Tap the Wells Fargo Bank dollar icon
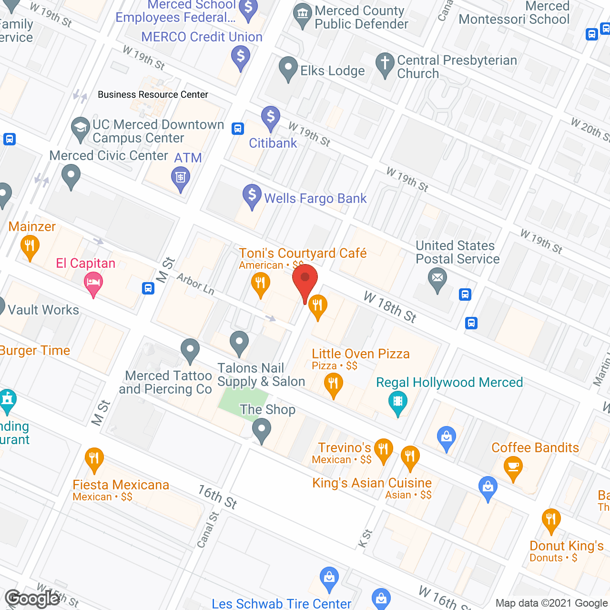(x=252, y=196)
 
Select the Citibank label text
(x=273, y=143)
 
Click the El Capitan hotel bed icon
(x=93, y=283)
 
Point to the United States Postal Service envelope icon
(x=437, y=278)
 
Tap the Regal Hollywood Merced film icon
(x=398, y=402)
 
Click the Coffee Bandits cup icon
(x=513, y=467)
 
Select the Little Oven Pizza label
(x=361, y=354)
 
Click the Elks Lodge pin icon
(x=288, y=68)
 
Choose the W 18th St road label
(x=390, y=307)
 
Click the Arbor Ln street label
(x=195, y=284)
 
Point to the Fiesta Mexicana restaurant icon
(x=94, y=459)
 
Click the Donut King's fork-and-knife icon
(x=551, y=520)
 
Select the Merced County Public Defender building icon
(x=303, y=14)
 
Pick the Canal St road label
(x=208, y=529)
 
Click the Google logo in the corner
(x=32, y=599)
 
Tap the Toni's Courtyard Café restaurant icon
(x=260, y=284)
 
